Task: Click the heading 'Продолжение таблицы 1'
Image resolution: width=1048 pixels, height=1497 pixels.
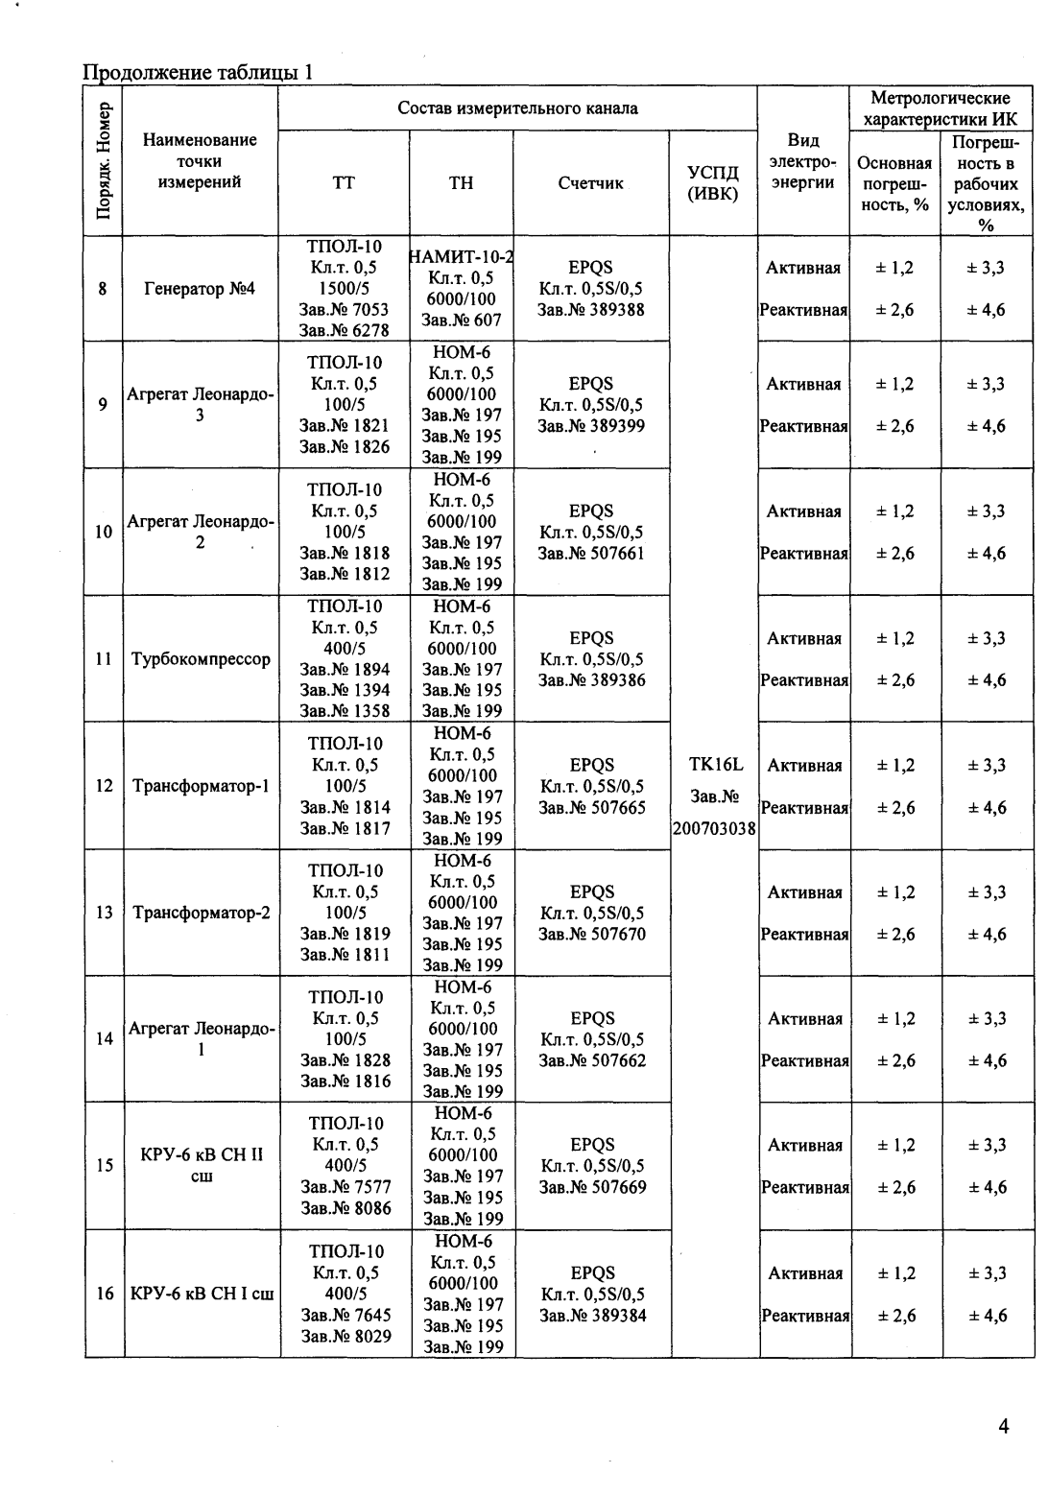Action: [198, 73]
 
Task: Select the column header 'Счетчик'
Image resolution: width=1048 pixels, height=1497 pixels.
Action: [590, 182]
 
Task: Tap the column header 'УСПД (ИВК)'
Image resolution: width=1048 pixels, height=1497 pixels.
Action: [713, 182]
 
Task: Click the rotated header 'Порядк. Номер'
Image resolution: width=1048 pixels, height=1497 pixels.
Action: [104, 160]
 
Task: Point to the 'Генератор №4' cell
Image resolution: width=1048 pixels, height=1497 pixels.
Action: [200, 288]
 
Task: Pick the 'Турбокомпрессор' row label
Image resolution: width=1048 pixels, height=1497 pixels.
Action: [201, 659]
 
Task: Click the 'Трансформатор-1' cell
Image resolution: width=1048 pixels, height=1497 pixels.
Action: [201, 786]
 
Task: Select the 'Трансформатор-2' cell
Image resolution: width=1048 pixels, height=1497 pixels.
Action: [201, 913]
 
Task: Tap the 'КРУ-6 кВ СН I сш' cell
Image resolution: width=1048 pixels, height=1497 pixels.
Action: [202, 1294]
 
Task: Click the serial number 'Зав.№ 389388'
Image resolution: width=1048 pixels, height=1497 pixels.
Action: [590, 309]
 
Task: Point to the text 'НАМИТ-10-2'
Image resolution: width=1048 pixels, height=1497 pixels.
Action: [462, 256]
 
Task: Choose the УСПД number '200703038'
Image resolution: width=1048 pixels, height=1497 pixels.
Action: [714, 828]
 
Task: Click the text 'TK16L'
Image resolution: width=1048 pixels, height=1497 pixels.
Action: [715, 765]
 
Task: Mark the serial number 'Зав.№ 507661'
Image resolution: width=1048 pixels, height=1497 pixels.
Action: [591, 553]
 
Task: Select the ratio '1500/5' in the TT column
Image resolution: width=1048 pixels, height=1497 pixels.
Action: [345, 288]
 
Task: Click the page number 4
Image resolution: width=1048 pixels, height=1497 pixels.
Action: [1003, 1426]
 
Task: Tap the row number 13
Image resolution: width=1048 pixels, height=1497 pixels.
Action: [105, 913]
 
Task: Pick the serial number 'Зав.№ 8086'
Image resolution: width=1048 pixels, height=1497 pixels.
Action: [345, 1208]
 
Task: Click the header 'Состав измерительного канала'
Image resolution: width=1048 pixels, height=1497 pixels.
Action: [517, 107]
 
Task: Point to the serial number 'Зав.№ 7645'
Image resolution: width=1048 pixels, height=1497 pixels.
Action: [345, 1315]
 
